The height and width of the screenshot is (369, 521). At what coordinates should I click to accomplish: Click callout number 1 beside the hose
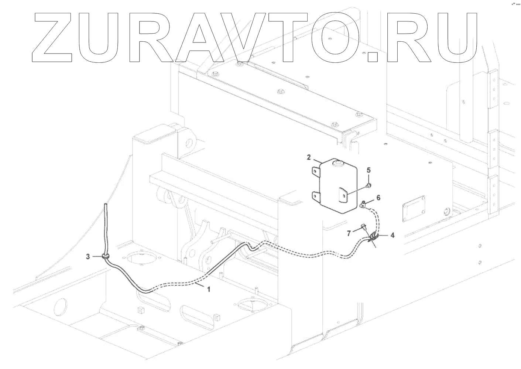point(209,290)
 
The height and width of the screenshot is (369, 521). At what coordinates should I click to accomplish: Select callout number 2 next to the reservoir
point(309,158)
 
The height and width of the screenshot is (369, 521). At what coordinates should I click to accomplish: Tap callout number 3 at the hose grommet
point(88,256)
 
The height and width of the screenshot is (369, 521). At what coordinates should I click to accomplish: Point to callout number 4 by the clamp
point(392,235)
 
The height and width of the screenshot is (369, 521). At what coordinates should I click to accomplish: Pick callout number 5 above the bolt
point(368,170)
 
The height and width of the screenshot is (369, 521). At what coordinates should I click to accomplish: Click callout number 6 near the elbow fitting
point(378,198)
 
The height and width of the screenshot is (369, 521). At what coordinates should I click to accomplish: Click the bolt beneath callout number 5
point(369,184)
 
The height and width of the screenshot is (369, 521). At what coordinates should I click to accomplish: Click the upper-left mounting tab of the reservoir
point(316,171)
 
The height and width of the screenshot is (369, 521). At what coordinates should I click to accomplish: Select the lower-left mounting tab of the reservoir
point(316,197)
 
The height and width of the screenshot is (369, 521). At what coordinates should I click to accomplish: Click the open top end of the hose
point(106,204)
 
